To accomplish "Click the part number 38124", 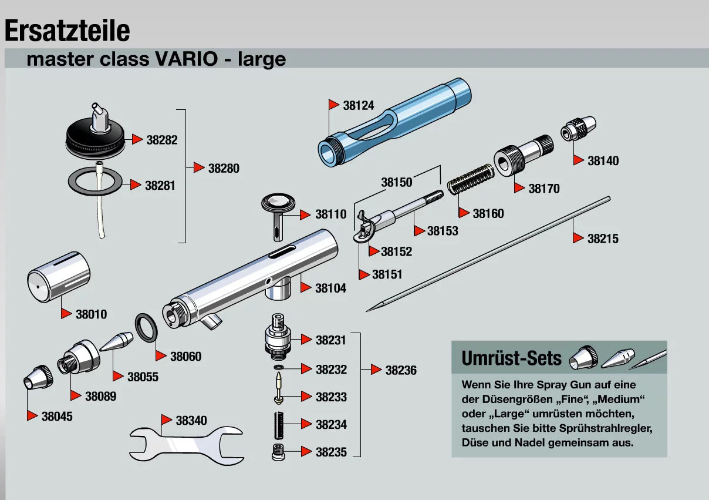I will click(x=359, y=106).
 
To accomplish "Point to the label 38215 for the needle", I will click(x=603, y=239).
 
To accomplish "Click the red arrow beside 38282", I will click(x=137, y=139).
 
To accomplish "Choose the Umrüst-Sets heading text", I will click(x=512, y=358).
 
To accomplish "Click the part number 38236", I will click(x=401, y=370).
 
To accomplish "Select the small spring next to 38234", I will click(x=279, y=424).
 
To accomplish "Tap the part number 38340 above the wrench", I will click(x=191, y=421).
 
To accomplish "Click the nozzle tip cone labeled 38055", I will click(x=117, y=342).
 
